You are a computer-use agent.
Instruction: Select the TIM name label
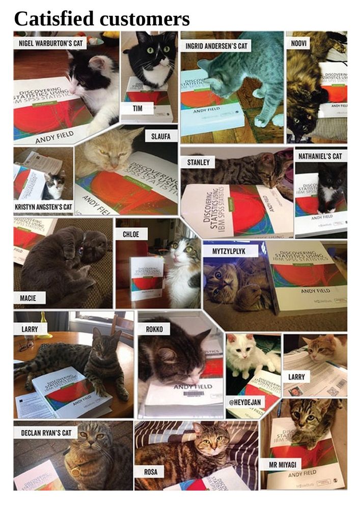137,108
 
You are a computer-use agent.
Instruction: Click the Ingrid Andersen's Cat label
216,46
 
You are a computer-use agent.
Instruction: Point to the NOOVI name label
300,42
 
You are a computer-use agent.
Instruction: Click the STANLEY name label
199,162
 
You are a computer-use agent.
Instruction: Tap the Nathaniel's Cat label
320,156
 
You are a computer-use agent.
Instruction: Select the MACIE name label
28,298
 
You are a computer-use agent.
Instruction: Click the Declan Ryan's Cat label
45,433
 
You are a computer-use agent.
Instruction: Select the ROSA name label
151,472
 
